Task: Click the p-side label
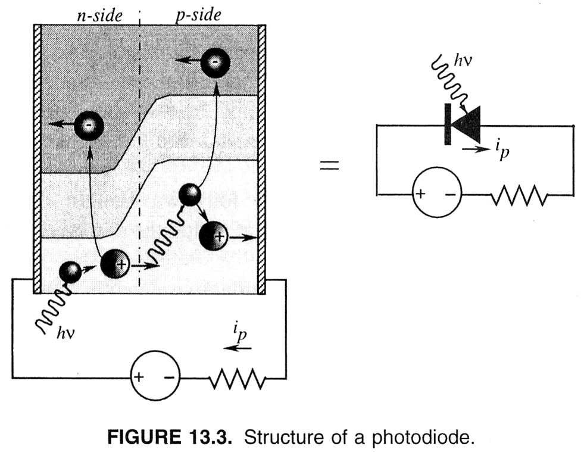(x=198, y=15)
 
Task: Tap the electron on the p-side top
(x=215, y=61)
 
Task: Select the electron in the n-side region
(x=89, y=126)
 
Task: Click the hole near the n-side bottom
(x=115, y=264)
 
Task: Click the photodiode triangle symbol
(x=463, y=124)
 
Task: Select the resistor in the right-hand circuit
(x=519, y=195)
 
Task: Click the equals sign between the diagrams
(x=329, y=165)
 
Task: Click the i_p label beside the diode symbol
(x=502, y=151)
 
